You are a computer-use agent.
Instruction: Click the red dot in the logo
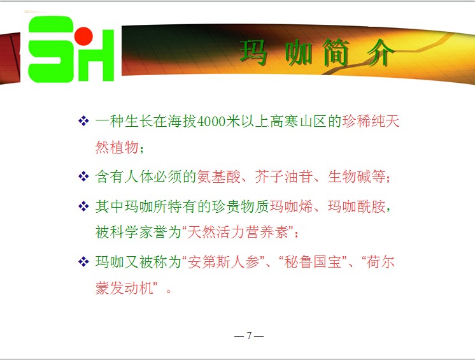click(x=83, y=36)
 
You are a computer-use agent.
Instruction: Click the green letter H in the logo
click(x=96, y=55)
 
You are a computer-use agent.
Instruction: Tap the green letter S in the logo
click(x=51, y=49)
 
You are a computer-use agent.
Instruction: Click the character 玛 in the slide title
click(x=254, y=53)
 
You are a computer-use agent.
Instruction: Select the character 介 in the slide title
click(x=381, y=53)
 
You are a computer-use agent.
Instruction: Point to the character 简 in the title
click(x=336, y=53)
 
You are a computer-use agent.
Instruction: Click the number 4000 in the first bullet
click(x=211, y=122)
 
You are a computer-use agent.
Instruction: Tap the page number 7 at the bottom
click(x=249, y=335)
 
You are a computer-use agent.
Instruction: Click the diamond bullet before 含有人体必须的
click(x=83, y=176)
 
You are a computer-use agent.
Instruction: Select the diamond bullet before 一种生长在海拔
click(x=83, y=121)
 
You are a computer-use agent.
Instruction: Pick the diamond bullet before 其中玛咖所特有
click(x=83, y=206)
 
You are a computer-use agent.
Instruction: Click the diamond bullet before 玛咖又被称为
click(x=83, y=261)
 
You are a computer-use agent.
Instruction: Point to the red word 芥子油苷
click(x=284, y=176)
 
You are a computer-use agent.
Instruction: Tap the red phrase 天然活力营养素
click(x=237, y=232)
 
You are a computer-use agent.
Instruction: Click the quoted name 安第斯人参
click(x=223, y=262)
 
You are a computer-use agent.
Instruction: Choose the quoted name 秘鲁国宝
click(x=313, y=262)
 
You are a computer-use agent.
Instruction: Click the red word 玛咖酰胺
click(x=357, y=206)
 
